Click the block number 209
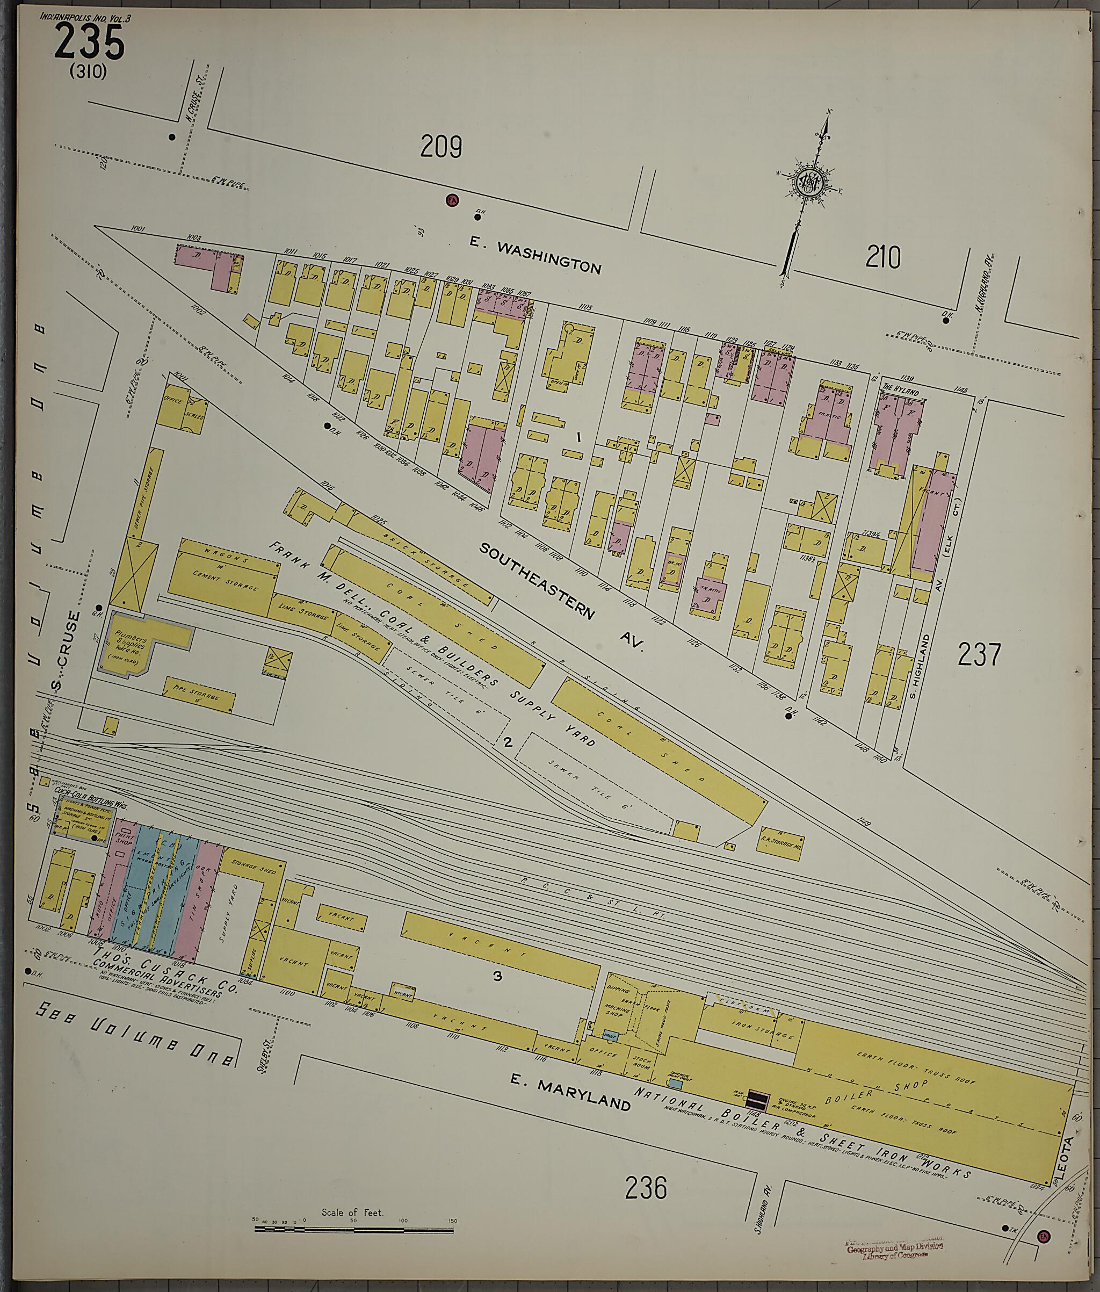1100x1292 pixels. click(x=441, y=147)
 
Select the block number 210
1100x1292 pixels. click(x=882, y=257)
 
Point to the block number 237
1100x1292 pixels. click(x=979, y=655)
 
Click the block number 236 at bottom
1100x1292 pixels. click(x=646, y=1187)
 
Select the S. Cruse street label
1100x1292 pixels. click(x=74, y=652)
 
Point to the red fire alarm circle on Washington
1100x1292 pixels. click(x=452, y=200)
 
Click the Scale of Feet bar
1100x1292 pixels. click(x=356, y=1229)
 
